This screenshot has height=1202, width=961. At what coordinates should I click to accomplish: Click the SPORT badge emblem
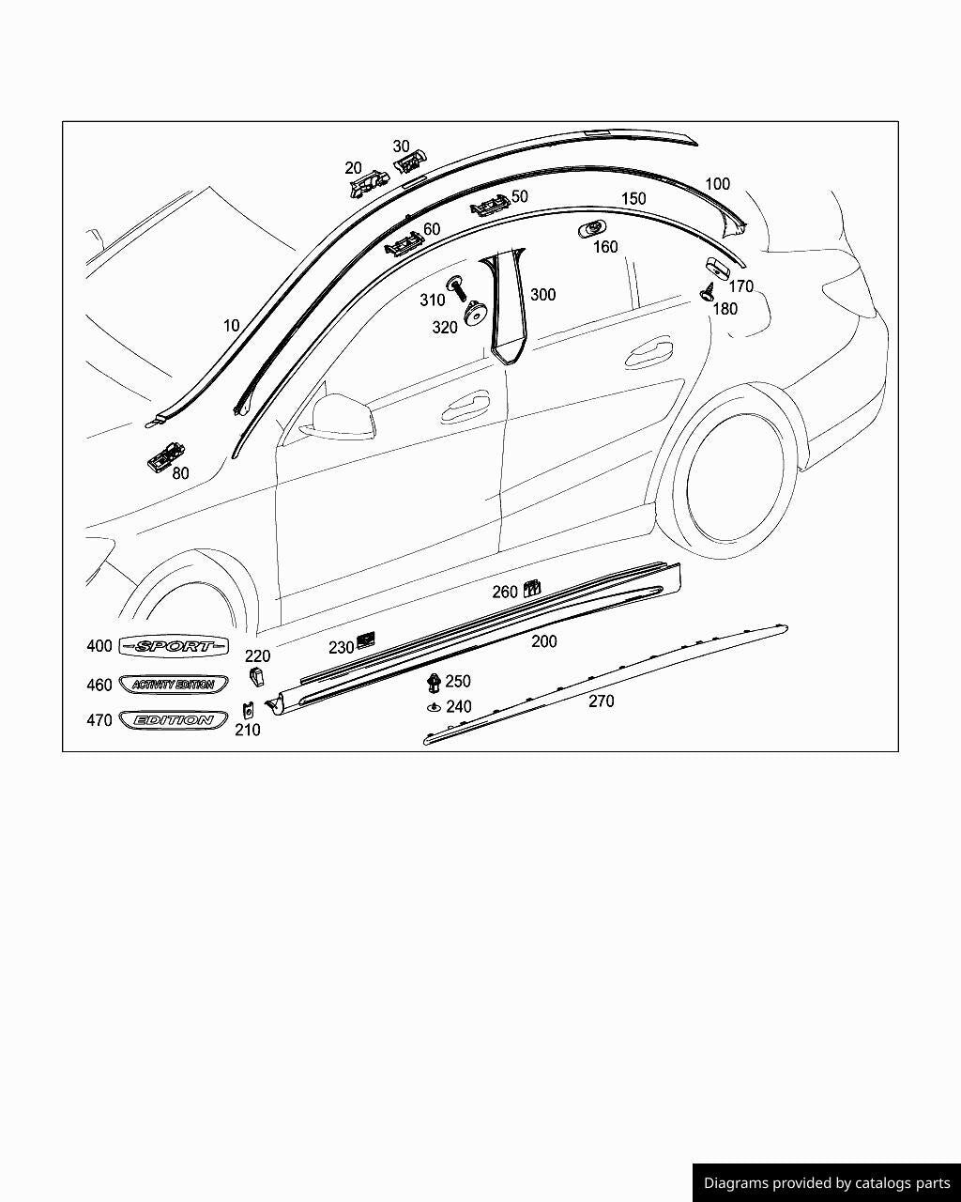coord(175,646)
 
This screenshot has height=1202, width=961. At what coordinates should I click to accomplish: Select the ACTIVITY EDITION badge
coord(174,685)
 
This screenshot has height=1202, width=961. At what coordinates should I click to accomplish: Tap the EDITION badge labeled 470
coord(174,720)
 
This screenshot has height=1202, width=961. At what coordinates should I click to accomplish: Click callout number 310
coord(432,300)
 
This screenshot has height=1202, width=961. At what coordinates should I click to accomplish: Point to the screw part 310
coord(459,287)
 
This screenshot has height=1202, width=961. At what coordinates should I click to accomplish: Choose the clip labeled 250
coord(433,682)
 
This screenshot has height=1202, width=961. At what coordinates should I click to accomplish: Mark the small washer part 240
coord(433,706)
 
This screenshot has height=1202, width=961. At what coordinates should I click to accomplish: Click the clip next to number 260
coord(531,589)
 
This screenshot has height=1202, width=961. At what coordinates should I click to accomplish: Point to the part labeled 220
coord(255,676)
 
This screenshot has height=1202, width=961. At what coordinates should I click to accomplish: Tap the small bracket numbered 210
coord(248,709)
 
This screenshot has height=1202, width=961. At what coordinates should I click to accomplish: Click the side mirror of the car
coord(339,416)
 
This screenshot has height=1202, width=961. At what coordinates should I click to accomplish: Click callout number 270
coord(601,701)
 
